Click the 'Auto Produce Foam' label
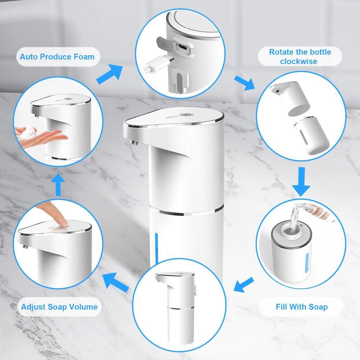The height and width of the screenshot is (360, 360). pos(57,57)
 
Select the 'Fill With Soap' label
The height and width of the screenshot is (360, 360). pos(302,307)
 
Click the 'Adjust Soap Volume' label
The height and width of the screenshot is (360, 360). pos(59,307)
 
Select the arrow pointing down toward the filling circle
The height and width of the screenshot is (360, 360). pos(301,182)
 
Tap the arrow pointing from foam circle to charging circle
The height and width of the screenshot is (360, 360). pos(110,74)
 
